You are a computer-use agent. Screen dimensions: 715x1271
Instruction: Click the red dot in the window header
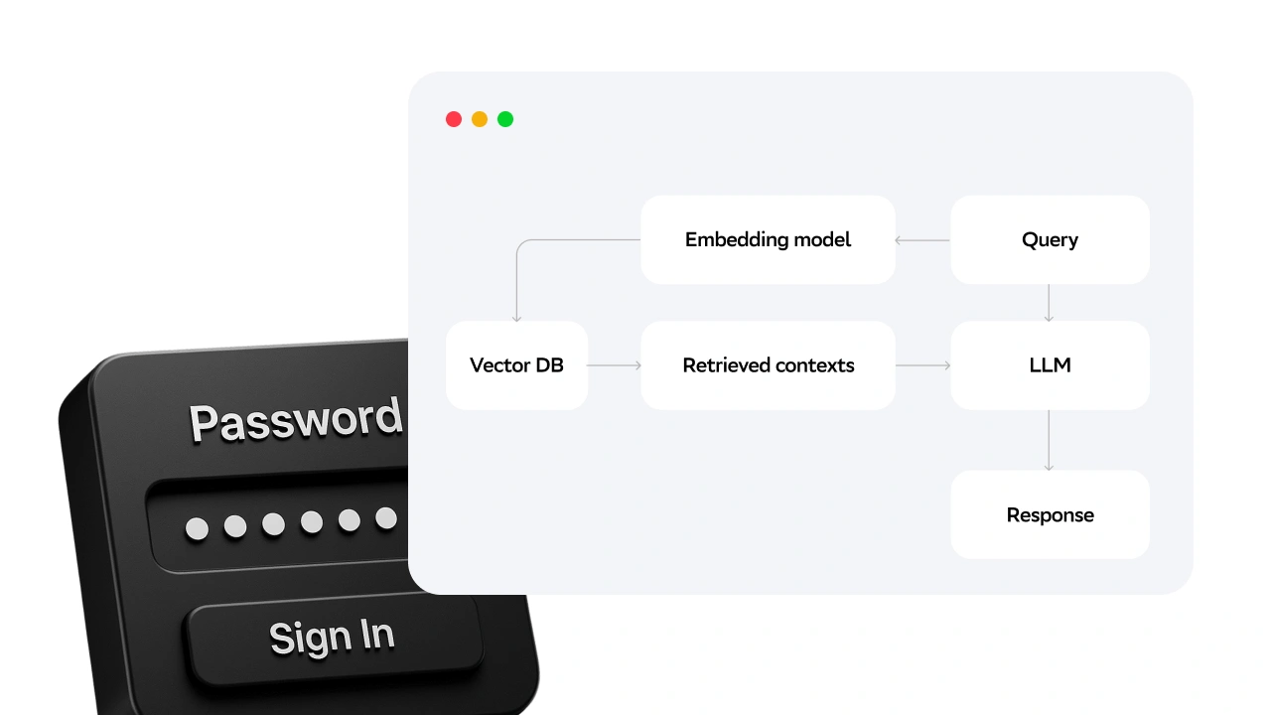pos(454,119)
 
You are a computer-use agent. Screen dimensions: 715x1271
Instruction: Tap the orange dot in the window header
pos(480,119)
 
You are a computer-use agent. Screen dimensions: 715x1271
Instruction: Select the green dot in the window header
pos(505,119)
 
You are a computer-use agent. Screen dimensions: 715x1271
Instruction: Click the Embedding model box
pos(768,239)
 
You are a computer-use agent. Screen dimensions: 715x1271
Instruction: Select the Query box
pos(1050,239)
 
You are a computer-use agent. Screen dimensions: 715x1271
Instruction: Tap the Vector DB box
pos(516,365)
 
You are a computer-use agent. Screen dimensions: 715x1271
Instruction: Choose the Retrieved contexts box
pos(768,365)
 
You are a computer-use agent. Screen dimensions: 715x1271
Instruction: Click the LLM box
pos(1050,365)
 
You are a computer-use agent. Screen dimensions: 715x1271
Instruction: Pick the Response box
pos(1050,514)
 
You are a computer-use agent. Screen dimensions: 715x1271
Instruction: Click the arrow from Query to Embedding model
pos(922,239)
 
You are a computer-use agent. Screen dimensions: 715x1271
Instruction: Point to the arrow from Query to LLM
pos(1049,302)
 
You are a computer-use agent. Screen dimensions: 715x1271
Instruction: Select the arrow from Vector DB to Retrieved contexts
pos(614,365)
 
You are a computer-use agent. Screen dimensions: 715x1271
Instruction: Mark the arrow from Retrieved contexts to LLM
pos(922,365)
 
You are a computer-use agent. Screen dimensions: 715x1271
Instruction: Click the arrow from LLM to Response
pos(1049,440)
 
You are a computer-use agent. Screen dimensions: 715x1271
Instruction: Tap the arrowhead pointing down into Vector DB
pos(516,317)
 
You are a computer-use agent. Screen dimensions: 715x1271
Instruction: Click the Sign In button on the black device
pos(332,637)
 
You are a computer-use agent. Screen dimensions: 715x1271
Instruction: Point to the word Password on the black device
pos(296,421)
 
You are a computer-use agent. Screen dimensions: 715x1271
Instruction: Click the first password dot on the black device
pos(197,528)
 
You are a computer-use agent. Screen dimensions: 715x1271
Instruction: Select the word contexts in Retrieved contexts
pos(807,365)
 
